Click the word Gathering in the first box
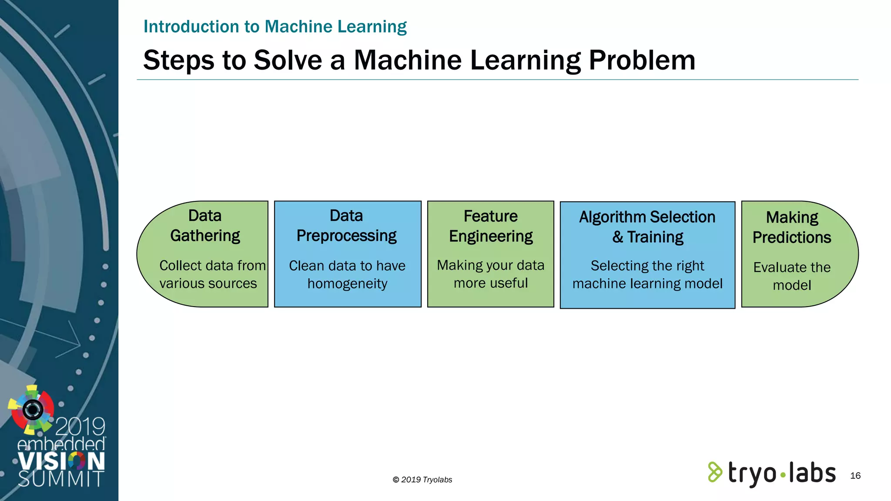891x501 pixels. [x=205, y=236]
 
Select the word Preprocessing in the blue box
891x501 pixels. [x=346, y=236]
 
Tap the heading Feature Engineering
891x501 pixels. [x=491, y=226]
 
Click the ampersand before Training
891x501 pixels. [x=617, y=237]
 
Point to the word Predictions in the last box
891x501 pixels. [x=792, y=237]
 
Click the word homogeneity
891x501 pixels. [x=347, y=284]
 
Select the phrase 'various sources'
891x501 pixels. [x=208, y=284]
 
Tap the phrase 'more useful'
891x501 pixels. [x=491, y=283]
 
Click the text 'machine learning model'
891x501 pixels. [x=647, y=284]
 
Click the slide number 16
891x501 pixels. [x=855, y=476]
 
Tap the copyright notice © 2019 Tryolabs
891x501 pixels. [x=422, y=480]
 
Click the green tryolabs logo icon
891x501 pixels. [x=715, y=472]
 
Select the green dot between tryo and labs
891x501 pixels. [x=783, y=475]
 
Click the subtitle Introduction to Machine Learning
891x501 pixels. [x=275, y=27]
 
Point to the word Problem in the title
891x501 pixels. [x=642, y=60]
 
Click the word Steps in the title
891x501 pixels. [x=179, y=60]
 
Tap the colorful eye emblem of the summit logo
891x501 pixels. [x=32, y=409]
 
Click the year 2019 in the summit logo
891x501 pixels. [x=80, y=427]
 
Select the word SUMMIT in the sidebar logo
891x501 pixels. [x=61, y=479]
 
